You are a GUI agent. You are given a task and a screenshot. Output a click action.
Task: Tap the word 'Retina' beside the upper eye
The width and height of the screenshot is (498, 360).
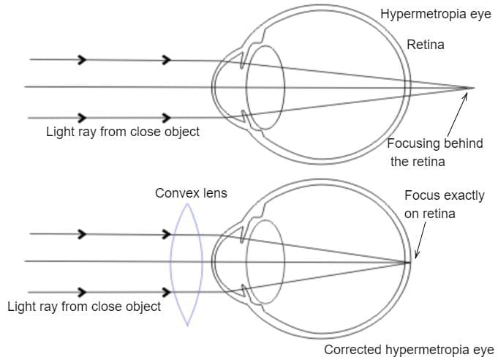pos(426,45)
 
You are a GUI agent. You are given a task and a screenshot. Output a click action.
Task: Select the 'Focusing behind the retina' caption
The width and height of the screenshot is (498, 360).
pos(434,152)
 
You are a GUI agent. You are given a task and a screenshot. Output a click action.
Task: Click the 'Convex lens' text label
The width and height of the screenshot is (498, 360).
pos(191,193)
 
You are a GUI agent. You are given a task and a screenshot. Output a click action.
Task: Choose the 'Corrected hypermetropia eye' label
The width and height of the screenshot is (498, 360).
pos(409,350)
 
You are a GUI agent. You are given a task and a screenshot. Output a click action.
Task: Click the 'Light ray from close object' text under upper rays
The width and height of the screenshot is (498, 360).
pos(123,132)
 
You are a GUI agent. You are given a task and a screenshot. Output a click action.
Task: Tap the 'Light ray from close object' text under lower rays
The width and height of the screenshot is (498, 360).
pos(84,307)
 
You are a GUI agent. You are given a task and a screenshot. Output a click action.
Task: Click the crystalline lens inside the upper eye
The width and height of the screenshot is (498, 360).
pos(265,86)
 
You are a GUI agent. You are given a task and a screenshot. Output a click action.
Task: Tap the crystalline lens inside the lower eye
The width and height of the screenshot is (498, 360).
pos(265,261)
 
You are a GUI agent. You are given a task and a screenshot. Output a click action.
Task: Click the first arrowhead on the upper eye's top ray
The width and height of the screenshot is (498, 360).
pos(83,59)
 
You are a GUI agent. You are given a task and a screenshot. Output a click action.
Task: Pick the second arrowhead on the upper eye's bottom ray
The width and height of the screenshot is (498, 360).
pos(167,117)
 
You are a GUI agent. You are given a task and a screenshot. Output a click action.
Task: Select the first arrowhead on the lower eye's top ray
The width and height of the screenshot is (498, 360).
pos(83,234)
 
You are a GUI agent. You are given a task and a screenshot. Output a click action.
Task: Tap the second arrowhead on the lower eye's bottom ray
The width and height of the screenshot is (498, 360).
pos(167,292)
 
